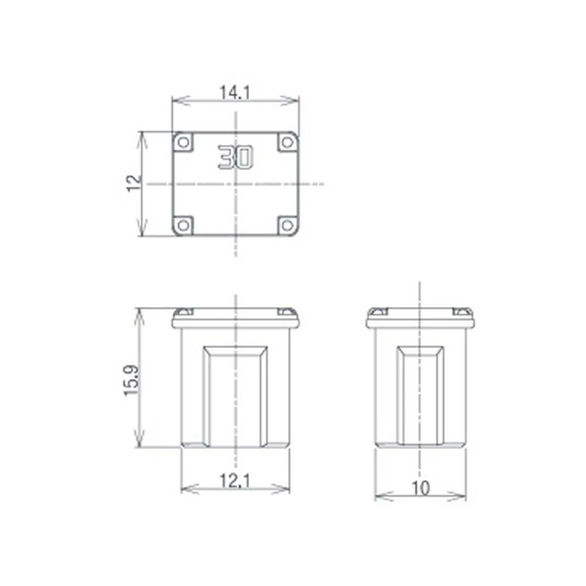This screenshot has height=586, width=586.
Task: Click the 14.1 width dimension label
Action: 234,92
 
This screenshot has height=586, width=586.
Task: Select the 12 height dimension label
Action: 134,183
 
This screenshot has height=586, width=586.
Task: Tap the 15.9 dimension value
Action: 131,380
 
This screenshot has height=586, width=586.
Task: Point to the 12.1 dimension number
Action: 234,481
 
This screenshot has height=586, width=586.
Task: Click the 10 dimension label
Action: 420,488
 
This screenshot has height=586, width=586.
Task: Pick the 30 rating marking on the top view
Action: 235,157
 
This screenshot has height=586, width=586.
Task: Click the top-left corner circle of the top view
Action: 183,142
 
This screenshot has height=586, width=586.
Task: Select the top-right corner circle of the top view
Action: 287,142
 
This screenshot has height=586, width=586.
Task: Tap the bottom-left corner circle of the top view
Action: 183,226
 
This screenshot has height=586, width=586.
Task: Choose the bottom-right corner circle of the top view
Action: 287,226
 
